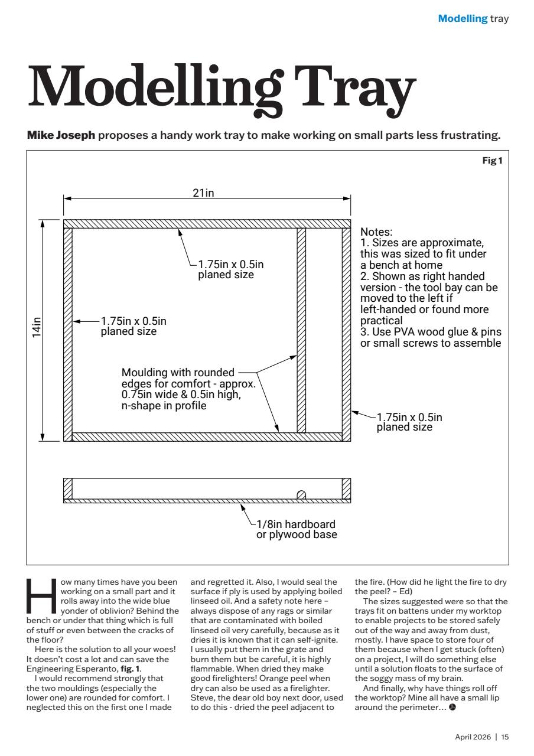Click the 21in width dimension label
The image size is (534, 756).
tap(203, 194)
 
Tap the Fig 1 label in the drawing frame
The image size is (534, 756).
tap(493, 160)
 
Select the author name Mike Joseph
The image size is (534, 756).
tap(61, 136)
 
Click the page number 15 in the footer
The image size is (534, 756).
tap(505, 737)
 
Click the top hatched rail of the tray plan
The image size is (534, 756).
tap(207, 224)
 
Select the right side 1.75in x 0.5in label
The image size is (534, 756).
tap(409, 422)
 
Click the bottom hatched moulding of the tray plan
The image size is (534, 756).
tap(207, 437)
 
